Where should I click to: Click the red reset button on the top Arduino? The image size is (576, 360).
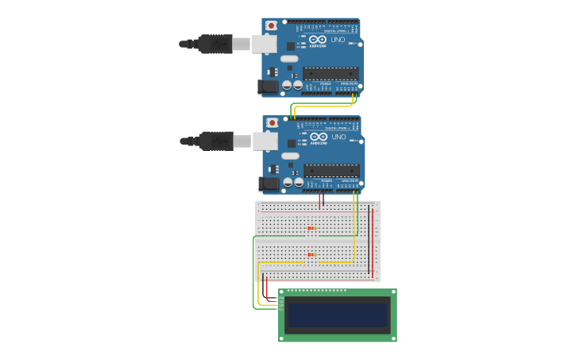click(272, 25)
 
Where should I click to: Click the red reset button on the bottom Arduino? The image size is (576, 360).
click(273, 122)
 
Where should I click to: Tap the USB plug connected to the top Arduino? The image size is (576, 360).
click(215, 45)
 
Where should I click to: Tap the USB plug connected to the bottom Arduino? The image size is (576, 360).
click(215, 141)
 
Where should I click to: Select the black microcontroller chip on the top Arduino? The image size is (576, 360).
click(330, 73)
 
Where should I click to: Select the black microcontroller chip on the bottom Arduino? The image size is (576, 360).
click(331, 170)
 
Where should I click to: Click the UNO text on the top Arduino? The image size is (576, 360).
click(338, 40)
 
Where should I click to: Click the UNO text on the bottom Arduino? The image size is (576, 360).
click(339, 137)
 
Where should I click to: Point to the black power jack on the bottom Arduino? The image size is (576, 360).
click(269, 184)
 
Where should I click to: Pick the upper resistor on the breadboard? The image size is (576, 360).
click(311, 229)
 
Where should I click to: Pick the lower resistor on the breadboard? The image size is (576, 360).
click(311, 255)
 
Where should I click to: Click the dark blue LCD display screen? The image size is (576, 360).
click(338, 315)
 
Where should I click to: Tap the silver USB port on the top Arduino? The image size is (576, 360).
click(264, 45)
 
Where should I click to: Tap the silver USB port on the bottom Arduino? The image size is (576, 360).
click(265, 141)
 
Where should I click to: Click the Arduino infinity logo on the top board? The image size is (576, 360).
click(318, 40)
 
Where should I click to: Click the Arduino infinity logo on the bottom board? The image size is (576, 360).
click(319, 137)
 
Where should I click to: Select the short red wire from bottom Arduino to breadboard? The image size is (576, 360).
click(320, 200)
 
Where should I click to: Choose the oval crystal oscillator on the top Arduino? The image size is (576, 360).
click(288, 59)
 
